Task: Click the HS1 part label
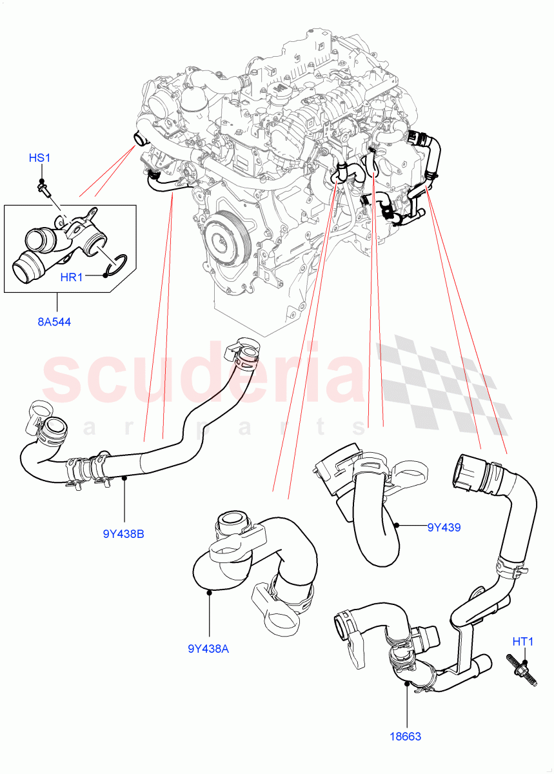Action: [39, 158]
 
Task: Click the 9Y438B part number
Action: [123, 533]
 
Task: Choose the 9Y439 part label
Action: [444, 527]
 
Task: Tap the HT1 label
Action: [523, 642]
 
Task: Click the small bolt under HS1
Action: [45, 187]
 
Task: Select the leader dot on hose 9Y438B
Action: [123, 478]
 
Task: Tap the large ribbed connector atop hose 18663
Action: [470, 476]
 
